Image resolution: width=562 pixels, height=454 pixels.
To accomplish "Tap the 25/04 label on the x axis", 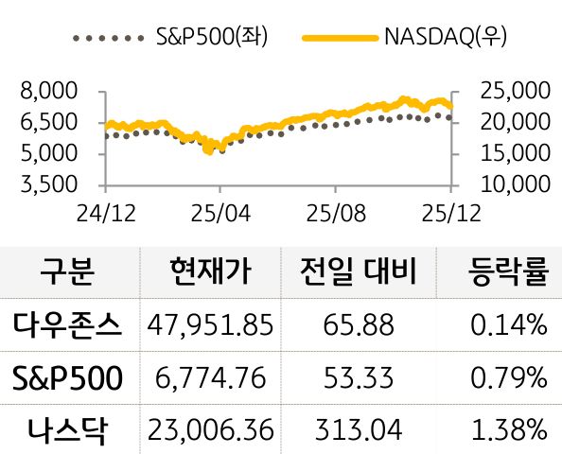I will coord(219,214).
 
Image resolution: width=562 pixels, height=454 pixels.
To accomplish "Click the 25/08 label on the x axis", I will coord(334,214).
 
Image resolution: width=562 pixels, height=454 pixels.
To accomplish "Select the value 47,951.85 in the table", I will coord(210,326).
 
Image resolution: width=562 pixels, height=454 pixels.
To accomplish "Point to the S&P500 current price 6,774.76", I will coord(210,378).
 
